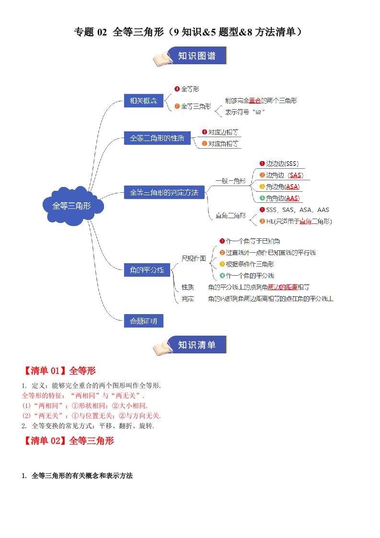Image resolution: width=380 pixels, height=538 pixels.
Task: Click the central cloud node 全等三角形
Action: pyautogui.click(x=71, y=206)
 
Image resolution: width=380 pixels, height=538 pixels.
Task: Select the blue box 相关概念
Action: pyautogui.click(x=144, y=101)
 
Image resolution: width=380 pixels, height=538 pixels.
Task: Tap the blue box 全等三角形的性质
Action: pyautogui.click(x=157, y=138)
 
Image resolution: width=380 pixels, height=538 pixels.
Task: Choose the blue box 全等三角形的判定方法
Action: pyautogui.click(x=164, y=192)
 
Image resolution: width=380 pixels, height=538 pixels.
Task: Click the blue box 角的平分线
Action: pyautogui.click(x=144, y=270)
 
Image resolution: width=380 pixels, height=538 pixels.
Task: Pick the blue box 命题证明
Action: pyautogui.click(x=144, y=321)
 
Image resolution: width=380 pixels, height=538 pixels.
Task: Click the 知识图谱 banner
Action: pyautogui.click(x=196, y=56)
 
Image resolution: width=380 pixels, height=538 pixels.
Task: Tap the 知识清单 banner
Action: pyautogui.click(x=196, y=345)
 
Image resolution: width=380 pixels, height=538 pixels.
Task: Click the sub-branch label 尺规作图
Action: pyautogui.click(x=194, y=258)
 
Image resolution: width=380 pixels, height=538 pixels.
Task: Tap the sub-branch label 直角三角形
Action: pyautogui.click(x=230, y=216)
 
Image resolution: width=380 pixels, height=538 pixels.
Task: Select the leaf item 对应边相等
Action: pyautogui.click(x=223, y=132)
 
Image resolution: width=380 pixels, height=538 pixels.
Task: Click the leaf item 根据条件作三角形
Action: pyautogui.click(x=250, y=264)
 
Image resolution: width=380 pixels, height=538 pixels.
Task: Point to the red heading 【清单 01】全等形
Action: pyautogui.click(x=59, y=371)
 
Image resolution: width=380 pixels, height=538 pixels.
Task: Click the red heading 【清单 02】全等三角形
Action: pyautogui.click(x=68, y=441)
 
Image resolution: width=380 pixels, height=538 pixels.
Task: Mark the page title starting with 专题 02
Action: pyautogui.click(x=189, y=32)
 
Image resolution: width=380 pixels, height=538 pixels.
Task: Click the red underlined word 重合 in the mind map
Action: pyautogui.click(x=254, y=101)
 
